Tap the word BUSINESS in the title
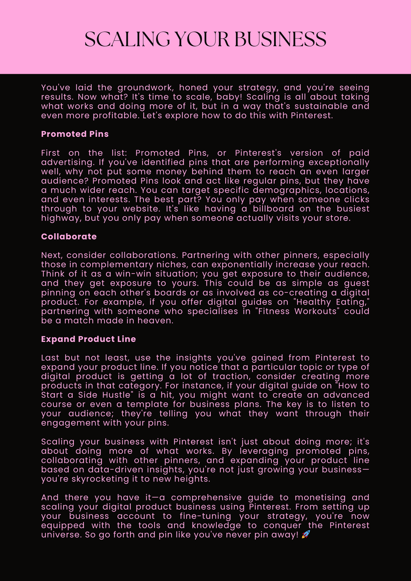pos(281,39)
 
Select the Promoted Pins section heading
pos(75,134)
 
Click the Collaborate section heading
pos(69,237)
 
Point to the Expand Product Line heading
pos(88,339)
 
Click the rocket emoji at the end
pos(306,534)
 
